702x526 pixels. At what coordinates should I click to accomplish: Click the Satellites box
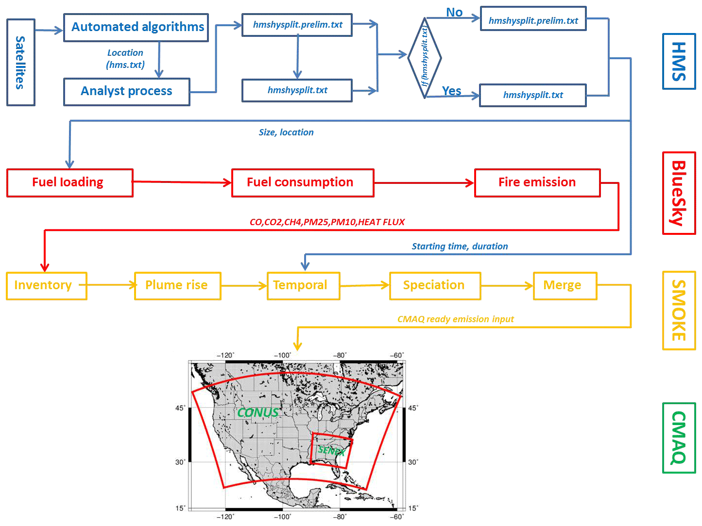tap(21, 62)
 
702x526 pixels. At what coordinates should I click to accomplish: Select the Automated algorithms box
tap(136, 27)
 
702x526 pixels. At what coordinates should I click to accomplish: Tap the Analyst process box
tap(127, 91)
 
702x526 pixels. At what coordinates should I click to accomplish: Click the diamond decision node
tap(425, 58)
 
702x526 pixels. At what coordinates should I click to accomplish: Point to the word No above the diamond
tap(454, 13)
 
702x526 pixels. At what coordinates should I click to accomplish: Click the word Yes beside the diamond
tap(451, 91)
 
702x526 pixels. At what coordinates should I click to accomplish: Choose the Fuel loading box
tap(70, 182)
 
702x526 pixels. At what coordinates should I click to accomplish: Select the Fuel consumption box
tap(303, 182)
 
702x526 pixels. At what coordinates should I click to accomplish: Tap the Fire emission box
tap(537, 182)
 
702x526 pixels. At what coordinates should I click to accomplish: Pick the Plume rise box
tap(177, 285)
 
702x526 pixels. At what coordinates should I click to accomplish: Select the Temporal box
tap(303, 285)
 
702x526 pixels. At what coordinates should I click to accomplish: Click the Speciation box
tap(435, 285)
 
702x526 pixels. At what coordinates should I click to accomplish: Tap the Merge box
tap(565, 285)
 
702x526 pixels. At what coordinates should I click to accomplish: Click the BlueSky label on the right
tap(679, 193)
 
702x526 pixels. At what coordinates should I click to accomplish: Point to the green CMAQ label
tap(679, 438)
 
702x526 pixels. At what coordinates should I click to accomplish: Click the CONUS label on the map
tap(258, 412)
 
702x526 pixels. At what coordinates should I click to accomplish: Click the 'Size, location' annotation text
tap(286, 132)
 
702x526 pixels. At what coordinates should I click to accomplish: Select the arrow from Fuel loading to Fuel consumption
tap(182, 182)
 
